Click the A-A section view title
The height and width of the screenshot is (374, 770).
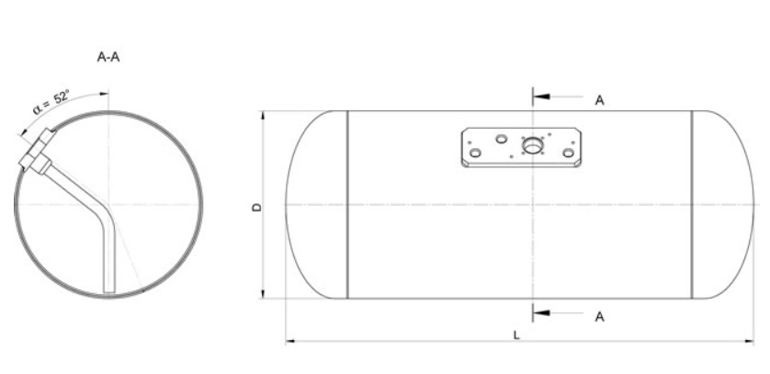pyautogui.click(x=108, y=57)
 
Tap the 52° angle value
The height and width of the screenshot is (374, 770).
pyautogui.click(x=62, y=96)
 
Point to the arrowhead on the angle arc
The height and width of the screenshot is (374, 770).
pyautogui.click(x=104, y=93)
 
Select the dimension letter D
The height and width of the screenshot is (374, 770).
pyautogui.click(x=257, y=207)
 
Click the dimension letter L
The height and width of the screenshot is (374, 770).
pyautogui.click(x=516, y=335)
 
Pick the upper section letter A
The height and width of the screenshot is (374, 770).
pyautogui.click(x=600, y=100)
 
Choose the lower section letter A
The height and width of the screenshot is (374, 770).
pyautogui.click(x=600, y=317)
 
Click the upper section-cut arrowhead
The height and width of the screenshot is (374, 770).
pyautogui.click(x=541, y=96)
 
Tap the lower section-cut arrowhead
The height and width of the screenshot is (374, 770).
pyautogui.click(x=541, y=312)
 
